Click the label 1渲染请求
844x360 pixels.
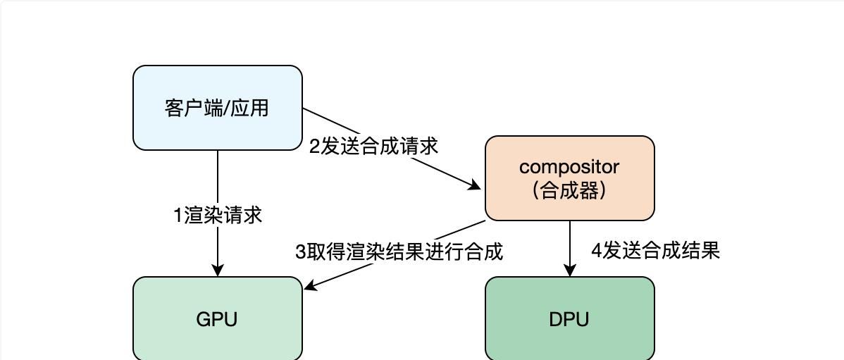click(x=218, y=215)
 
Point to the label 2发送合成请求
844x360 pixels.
click(x=373, y=146)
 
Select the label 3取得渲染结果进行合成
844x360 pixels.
click(x=399, y=252)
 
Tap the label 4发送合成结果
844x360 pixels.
click(x=655, y=250)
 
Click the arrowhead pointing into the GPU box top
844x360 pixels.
click(x=218, y=270)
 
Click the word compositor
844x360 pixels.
click(x=569, y=167)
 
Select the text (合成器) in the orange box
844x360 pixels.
click(x=569, y=190)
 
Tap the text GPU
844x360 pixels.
click(x=217, y=319)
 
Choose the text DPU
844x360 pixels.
click(x=569, y=319)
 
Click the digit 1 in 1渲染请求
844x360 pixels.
click(x=178, y=215)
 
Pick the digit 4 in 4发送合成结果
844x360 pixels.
click(x=596, y=250)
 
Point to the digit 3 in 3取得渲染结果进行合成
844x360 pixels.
click(x=300, y=252)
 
